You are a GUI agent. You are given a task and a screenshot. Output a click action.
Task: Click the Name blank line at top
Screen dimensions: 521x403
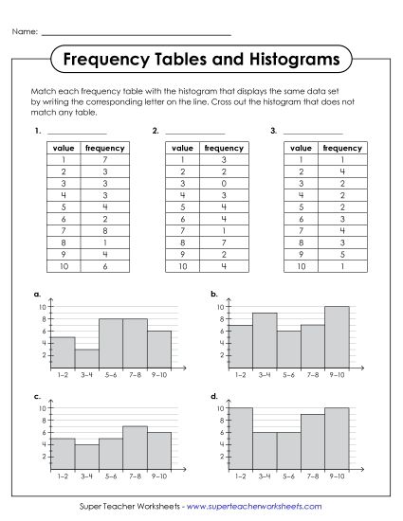click(137, 34)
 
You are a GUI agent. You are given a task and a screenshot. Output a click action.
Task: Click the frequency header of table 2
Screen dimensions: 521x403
click(223, 148)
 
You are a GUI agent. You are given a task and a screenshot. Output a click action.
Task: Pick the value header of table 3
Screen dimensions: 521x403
click(301, 148)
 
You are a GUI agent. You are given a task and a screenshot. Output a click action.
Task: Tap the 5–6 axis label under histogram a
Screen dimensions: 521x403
click(111, 374)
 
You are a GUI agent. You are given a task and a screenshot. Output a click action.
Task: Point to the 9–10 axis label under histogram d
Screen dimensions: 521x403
click(337, 476)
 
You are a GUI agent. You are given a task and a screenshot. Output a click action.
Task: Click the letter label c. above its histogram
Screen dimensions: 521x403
click(36, 396)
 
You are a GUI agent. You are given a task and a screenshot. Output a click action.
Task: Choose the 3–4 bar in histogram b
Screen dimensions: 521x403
click(265, 340)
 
